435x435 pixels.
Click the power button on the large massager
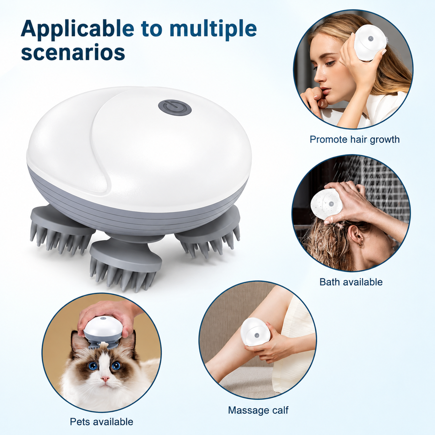tap(175, 108)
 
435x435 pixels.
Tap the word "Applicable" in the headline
tap(78, 29)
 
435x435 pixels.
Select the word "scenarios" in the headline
tap(73, 52)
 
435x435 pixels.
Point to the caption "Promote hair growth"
tap(355, 139)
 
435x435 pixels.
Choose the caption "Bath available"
tap(351, 282)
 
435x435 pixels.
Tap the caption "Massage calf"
tap(258, 410)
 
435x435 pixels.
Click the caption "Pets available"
tap(101, 421)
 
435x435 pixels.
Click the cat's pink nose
tap(105, 378)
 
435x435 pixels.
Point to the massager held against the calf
tap(255, 333)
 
